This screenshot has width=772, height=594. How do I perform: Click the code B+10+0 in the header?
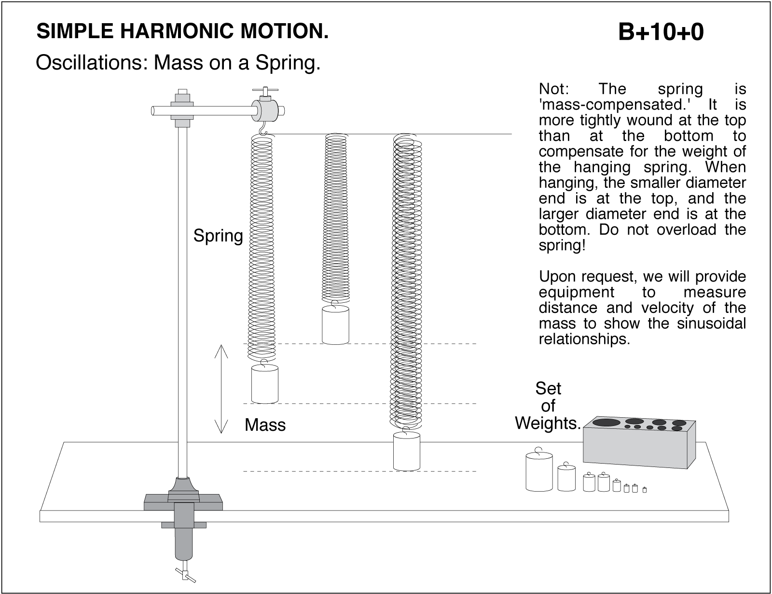click(x=661, y=32)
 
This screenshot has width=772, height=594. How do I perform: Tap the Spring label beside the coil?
click(x=218, y=236)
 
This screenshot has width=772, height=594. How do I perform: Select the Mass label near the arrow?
click(x=265, y=425)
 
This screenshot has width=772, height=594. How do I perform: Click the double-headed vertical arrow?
click(x=221, y=389)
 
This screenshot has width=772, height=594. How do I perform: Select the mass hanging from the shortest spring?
click(x=335, y=325)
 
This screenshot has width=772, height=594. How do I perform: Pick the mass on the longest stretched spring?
click(x=406, y=452)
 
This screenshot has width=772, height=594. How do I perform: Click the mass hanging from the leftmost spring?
click(x=264, y=384)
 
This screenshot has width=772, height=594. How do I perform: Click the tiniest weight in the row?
click(x=644, y=490)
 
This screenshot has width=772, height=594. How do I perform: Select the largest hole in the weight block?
click(x=607, y=423)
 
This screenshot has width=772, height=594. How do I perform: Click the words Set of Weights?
click(x=548, y=406)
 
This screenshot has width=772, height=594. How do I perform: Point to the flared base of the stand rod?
click(x=183, y=485)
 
